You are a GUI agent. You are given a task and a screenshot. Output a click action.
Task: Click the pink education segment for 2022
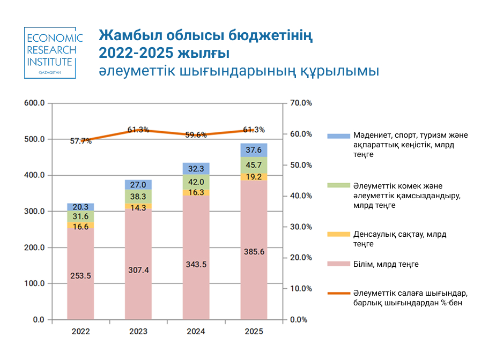tap(80, 274)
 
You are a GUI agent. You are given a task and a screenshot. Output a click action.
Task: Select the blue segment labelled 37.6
tap(254, 150)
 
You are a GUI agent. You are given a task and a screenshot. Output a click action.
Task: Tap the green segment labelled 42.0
tap(196, 182)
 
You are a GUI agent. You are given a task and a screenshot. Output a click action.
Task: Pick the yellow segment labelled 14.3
tap(138, 206)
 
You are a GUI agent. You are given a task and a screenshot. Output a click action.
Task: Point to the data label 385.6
tap(254, 252)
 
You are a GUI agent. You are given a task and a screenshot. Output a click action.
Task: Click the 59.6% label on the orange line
tap(196, 135)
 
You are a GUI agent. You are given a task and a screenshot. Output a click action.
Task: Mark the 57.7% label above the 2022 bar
tap(80, 141)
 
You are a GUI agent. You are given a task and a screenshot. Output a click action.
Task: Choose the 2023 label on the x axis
tap(138, 331)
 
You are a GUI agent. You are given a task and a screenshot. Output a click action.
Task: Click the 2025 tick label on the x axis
tap(254, 331)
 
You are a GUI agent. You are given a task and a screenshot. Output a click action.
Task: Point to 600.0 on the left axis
tap(34, 103)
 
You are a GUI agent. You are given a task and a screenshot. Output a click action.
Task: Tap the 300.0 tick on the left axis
tap(34, 211)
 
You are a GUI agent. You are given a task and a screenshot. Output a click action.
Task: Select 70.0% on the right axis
tap(301, 103)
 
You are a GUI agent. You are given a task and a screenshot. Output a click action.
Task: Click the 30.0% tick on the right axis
tap(301, 227)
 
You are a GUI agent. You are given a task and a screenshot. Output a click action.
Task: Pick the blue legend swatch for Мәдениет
tap(338, 136)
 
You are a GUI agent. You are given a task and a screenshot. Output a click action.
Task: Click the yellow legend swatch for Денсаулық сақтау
tap(338, 234)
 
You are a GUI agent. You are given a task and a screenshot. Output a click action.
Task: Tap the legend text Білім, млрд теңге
tap(386, 264)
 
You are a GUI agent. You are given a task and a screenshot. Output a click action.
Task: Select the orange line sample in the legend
tap(338, 294)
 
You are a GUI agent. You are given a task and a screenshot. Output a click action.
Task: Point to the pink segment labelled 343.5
tap(196, 258)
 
